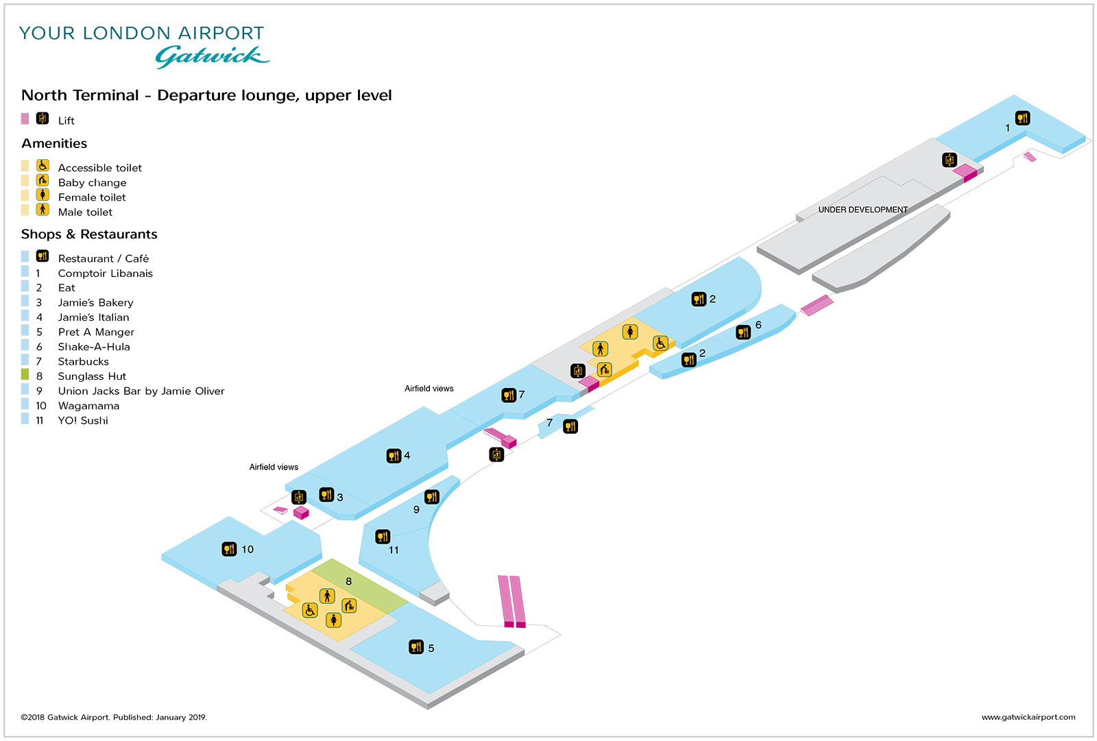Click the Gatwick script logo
point(212,56)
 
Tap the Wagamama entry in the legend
point(88,406)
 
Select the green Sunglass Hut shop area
point(359,587)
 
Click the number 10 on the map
point(248,549)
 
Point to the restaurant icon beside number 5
point(416,647)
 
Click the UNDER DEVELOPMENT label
point(863,210)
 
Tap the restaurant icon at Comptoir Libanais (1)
point(1022,118)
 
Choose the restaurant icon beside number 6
point(743,332)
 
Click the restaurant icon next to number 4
point(394,456)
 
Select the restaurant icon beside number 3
point(327,494)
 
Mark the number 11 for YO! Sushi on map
point(394,550)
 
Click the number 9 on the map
point(416,509)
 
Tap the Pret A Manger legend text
point(96,332)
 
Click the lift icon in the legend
point(43,118)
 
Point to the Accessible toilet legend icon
point(43,165)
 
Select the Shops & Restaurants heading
point(89,234)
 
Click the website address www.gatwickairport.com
point(1028,717)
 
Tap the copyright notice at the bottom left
point(114,717)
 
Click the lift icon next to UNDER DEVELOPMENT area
point(950,160)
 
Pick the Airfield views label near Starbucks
point(429,389)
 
